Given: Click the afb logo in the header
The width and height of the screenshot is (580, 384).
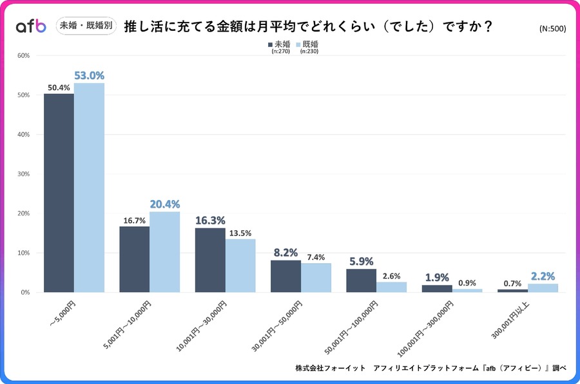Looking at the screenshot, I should point(31,26).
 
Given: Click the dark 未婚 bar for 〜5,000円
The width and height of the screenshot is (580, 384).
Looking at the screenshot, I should point(59,193).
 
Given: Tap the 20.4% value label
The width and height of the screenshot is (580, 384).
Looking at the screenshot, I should point(164,204).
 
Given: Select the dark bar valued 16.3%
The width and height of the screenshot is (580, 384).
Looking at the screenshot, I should point(210,260).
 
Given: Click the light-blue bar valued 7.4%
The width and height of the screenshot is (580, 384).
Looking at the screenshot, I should point(316,277).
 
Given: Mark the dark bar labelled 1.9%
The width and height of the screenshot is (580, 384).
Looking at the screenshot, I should point(437,289).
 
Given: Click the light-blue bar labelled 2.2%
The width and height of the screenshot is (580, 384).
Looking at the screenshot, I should point(543,288).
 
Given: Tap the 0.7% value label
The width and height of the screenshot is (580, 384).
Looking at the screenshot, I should point(513,282).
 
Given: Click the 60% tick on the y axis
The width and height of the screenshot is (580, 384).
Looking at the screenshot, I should point(23,55).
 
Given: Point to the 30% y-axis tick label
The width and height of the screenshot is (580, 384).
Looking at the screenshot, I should point(23,174).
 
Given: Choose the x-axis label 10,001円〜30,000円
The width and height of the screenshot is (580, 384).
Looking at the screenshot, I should point(201,324).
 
